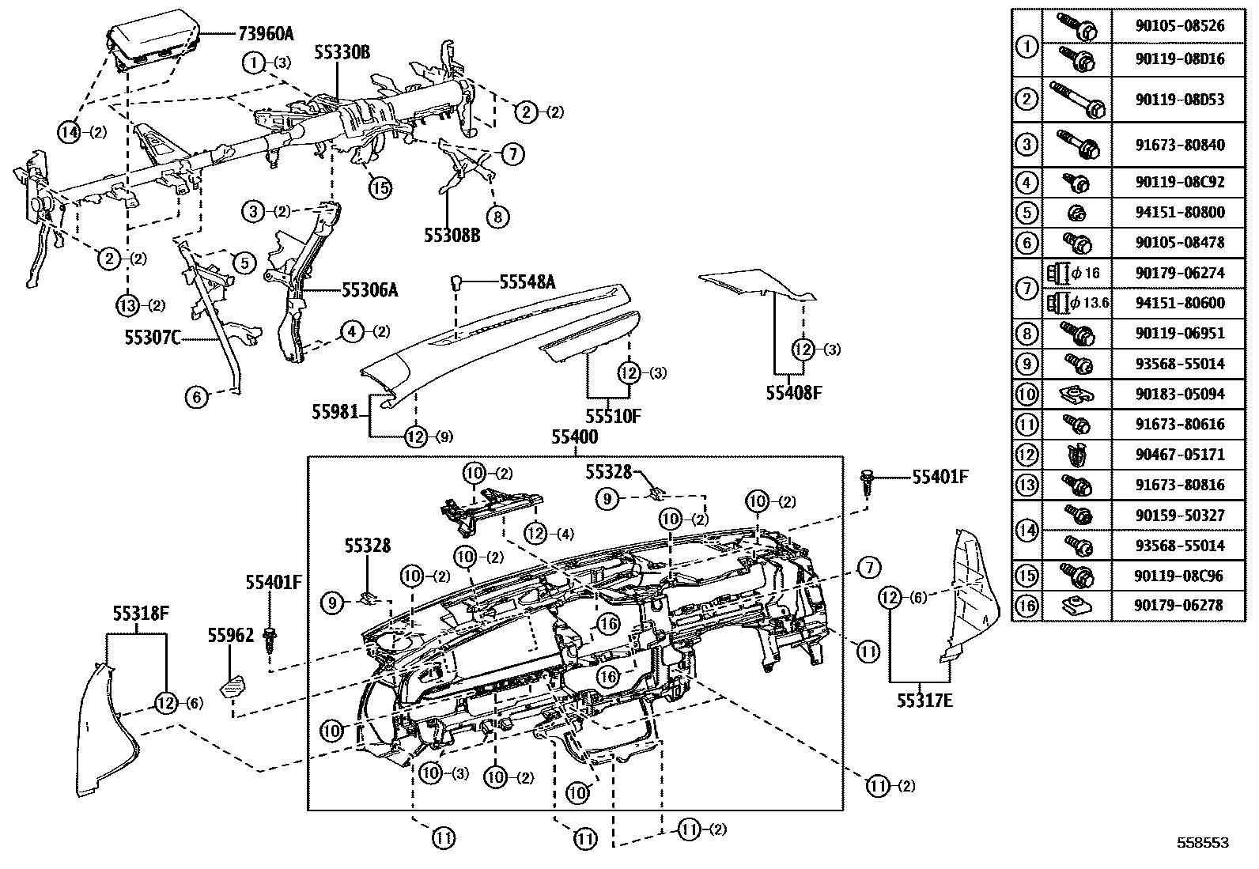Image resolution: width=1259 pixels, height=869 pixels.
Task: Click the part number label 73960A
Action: coord(265,33)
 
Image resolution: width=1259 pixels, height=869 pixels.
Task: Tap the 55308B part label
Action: coord(452,235)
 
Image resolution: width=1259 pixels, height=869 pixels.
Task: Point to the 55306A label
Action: coord(369,290)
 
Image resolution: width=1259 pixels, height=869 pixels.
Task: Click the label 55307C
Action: coord(153,338)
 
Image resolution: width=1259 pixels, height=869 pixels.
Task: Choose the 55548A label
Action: coord(527,281)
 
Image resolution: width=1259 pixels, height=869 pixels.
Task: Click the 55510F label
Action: coord(613,415)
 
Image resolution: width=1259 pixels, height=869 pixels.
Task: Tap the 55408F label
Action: coord(795,391)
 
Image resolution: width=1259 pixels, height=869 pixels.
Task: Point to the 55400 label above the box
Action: coord(575,437)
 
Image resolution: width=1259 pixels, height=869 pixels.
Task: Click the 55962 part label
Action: coord(231,635)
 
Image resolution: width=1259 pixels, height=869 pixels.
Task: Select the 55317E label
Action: coord(924,700)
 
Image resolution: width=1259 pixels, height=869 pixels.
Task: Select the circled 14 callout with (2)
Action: coord(71,132)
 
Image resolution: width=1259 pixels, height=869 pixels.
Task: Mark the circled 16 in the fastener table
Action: coord(1026,606)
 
